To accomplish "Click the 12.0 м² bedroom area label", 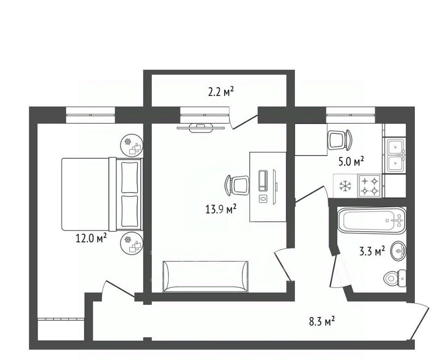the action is [x=91, y=238].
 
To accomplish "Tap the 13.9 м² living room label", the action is [x=221, y=210].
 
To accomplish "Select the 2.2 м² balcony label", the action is [x=221, y=92].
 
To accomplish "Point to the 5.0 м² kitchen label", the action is [x=351, y=162].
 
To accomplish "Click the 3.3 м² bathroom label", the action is [x=372, y=251].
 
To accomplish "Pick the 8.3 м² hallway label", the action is [x=322, y=321].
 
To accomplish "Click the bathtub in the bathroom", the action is [x=372, y=220].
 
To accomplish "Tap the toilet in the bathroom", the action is [x=395, y=278].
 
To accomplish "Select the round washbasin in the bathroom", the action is [x=399, y=250].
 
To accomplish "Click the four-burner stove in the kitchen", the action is [x=370, y=186].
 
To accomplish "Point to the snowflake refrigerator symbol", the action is [x=346, y=186].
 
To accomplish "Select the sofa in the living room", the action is [x=205, y=276].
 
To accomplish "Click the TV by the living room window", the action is [x=201, y=128].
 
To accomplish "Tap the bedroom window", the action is [x=90, y=115].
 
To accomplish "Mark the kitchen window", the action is [x=351, y=115].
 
